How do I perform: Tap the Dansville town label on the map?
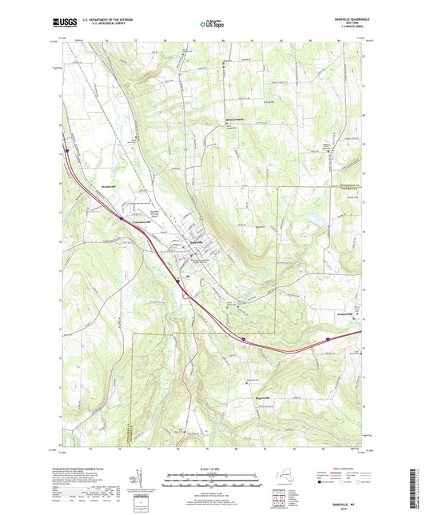(195, 242)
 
